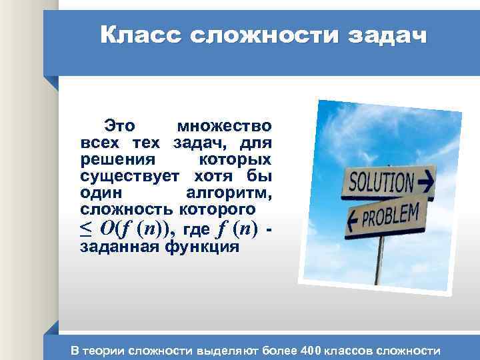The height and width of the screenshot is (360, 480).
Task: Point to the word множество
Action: [x=224, y=125]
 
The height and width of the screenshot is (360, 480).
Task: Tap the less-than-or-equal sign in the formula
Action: [x=86, y=229]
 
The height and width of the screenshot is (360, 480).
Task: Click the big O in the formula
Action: [x=107, y=228]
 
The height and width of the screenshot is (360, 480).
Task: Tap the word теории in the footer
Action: [x=106, y=350]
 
